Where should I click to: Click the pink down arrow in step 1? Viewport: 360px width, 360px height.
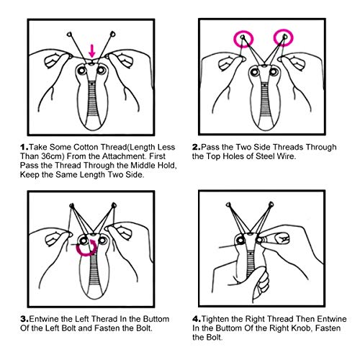tap(92, 50)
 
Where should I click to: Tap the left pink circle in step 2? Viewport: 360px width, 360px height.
tap(234, 38)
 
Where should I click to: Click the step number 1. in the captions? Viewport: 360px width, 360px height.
tap(24, 147)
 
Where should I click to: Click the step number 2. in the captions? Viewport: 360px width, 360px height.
tap(196, 147)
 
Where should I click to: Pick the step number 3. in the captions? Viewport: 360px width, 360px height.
tap(24, 319)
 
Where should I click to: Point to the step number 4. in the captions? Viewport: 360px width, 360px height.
tap(197, 319)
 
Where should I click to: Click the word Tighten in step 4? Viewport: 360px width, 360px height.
tap(215, 319)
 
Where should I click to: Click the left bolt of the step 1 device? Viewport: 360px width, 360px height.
tap(82, 71)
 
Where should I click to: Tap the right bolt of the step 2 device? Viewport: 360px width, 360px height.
tap(274, 71)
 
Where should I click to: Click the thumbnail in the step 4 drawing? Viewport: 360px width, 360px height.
tap(282, 238)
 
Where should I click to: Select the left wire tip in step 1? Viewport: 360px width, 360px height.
tap(69, 35)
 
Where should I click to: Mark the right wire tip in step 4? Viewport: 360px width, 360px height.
tap(271, 205)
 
